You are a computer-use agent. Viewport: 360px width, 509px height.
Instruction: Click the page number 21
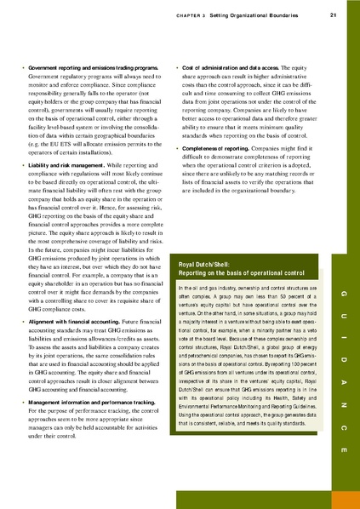332,12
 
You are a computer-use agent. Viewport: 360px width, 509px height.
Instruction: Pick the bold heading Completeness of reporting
218,146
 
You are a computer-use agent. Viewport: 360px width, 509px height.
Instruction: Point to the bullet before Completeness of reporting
176,146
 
